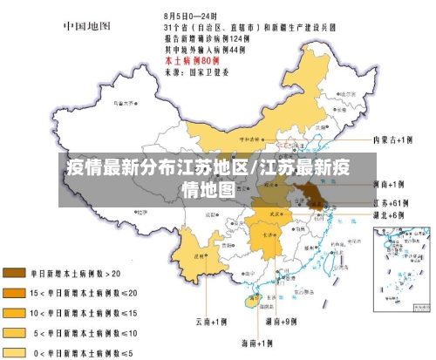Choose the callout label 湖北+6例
point(387,214)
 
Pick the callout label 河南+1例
point(388,184)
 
